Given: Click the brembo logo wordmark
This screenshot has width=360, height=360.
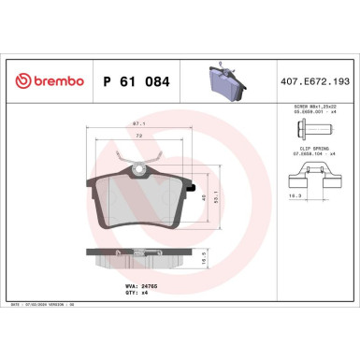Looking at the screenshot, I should pyautogui.click(x=45, y=82).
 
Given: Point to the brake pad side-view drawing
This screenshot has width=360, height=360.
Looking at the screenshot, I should pyautogui.click(x=137, y=260).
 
